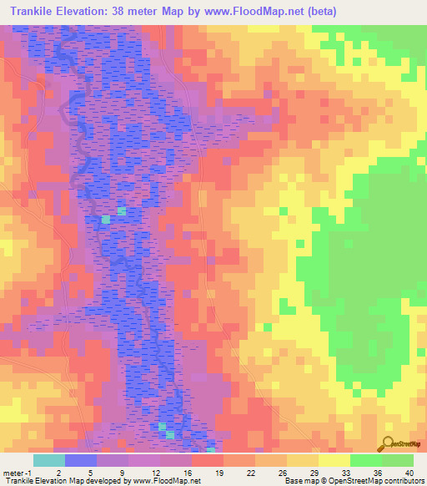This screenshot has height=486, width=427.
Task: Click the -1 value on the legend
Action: tap(31, 472)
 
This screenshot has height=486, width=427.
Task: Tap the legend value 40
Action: tap(409, 472)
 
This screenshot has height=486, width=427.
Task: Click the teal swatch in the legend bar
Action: tap(48, 460)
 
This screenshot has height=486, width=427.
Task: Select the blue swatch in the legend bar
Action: tap(80, 460)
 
